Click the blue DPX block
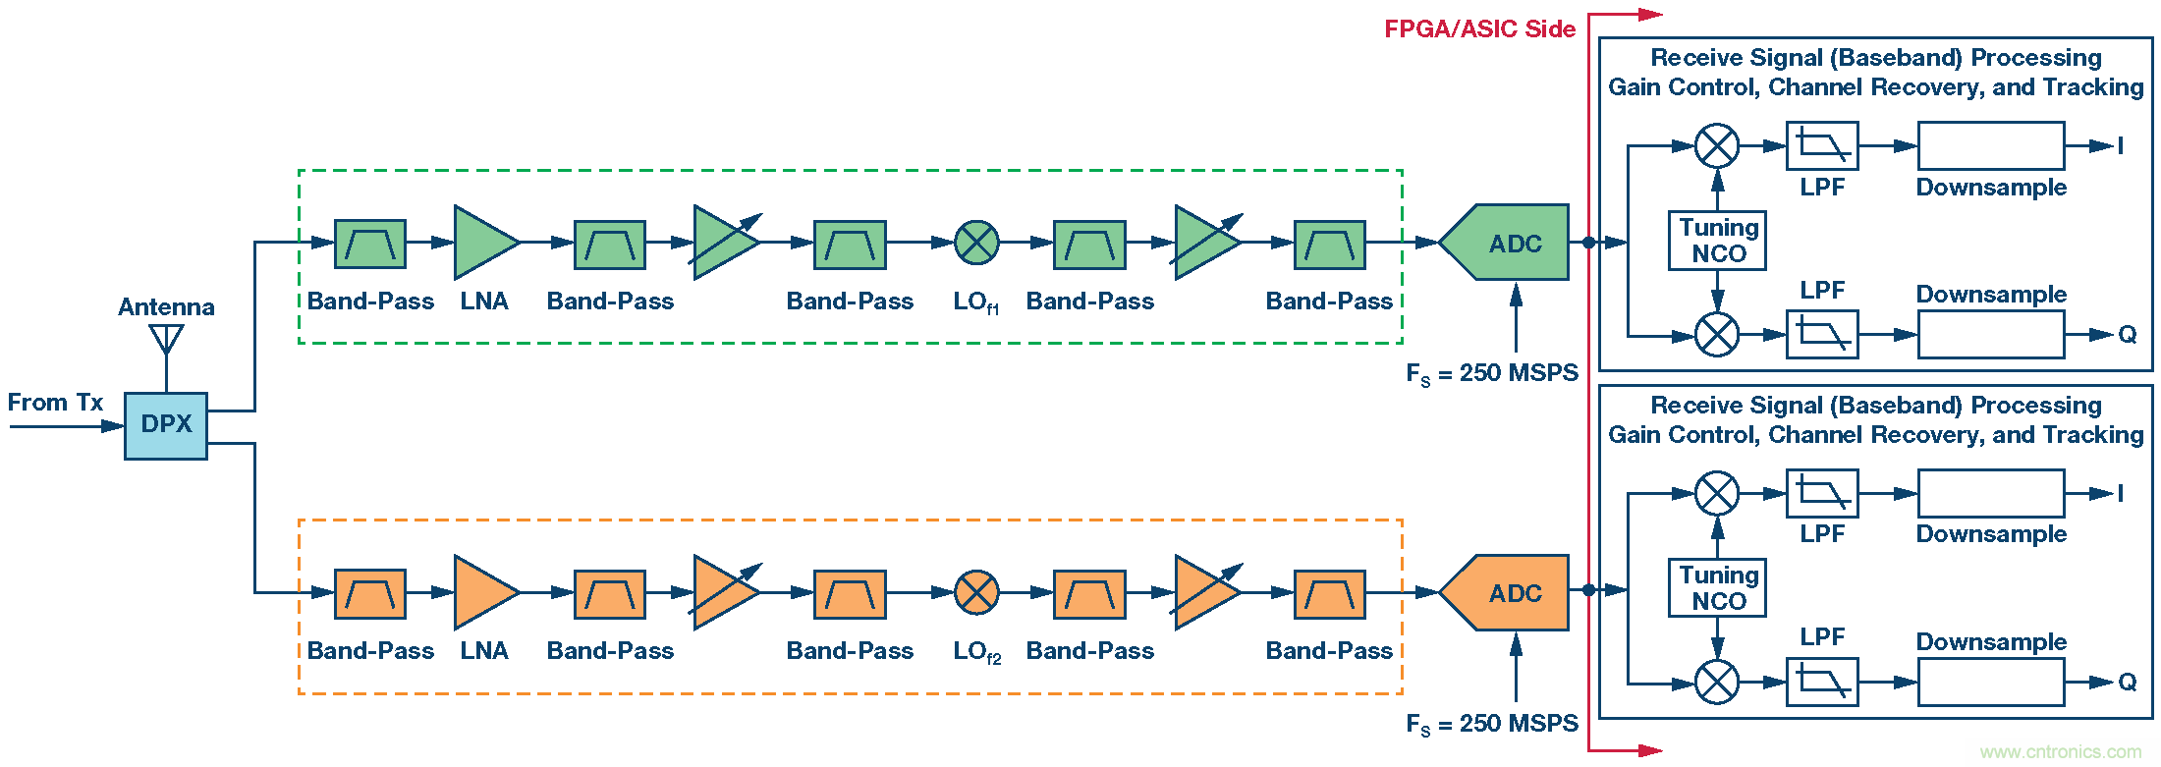pyautogui.click(x=165, y=425)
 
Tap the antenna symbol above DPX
pyautogui.click(x=166, y=340)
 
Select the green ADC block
pyautogui.click(x=1508, y=243)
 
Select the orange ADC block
pyautogui.click(x=1508, y=592)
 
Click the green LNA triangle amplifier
pyautogui.click(x=482, y=243)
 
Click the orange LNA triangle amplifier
pyautogui.click(x=482, y=592)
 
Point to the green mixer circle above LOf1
pyautogui.click(x=976, y=243)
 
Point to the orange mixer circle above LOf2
pyautogui.click(x=976, y=592)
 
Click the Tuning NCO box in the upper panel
pyautogui.click(x=1717, y=241)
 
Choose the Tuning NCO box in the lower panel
pyautogui.click(x=1717, y=587)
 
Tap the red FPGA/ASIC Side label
pyautogui.click(x=1479, y=29)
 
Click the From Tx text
pyautogui.click(x=55, y=403)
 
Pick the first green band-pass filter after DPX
pyautogui.click(x=369, y=244)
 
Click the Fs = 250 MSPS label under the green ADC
pyautogui.click(x=1491, y=373)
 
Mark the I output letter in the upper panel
pyautogui.click(x=2120, y=146)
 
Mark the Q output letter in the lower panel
pyautogui.click(x=2127, y=683)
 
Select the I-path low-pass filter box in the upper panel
pyautogui.click(x=1821, y=146)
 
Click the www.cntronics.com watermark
pyautogui.click(x=2060, y=752)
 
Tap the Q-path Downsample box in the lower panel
pyautogui.click(x=1990, y=682)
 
